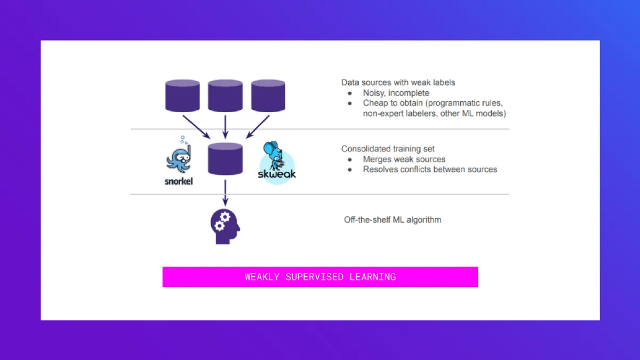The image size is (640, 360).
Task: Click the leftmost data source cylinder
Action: point(182,95)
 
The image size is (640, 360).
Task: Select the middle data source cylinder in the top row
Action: point(225,95)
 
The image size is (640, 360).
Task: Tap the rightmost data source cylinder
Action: point(268,95)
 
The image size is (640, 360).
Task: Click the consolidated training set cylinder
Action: point(225,159)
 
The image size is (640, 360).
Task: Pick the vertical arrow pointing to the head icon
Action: point(225,192)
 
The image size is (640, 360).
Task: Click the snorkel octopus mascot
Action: point(178,155)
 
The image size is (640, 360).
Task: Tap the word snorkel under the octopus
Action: point(179,181)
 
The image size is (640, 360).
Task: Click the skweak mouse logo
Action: point(277,163)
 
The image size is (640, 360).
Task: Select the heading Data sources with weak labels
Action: point(398,83)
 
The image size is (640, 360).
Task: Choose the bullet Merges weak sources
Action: point(404,159)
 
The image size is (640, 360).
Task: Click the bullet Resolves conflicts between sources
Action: point(430,170)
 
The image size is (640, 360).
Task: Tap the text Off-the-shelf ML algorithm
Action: point(393,220)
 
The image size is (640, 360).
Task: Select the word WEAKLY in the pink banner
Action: point(263,277)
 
